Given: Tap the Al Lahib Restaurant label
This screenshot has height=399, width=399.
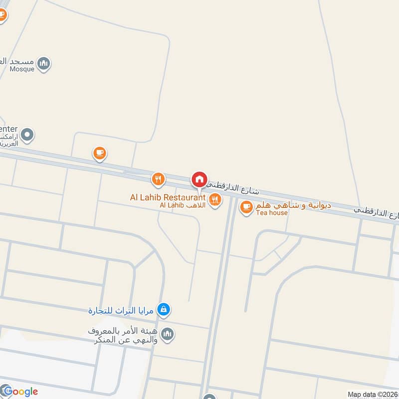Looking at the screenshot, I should pos(168,198).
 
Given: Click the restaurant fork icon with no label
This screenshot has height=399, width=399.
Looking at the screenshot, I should pos(158,179).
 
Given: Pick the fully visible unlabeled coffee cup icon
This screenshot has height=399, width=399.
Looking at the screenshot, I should pos(100,153).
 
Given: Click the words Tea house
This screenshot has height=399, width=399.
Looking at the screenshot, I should pos(272,213).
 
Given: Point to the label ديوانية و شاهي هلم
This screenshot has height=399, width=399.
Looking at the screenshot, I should pos(292,205).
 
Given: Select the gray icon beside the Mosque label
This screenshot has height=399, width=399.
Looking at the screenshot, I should pos(44,63).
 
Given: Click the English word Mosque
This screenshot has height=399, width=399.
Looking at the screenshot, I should pos(22,69).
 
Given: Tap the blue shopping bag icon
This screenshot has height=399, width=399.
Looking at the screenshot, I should pos(163,310).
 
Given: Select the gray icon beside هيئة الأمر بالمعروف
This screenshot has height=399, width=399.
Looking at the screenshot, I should pos(168,334).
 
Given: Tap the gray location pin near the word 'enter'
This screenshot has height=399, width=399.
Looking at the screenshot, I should pos(28,135).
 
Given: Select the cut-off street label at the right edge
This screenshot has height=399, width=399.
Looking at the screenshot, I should pos(377,212).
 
